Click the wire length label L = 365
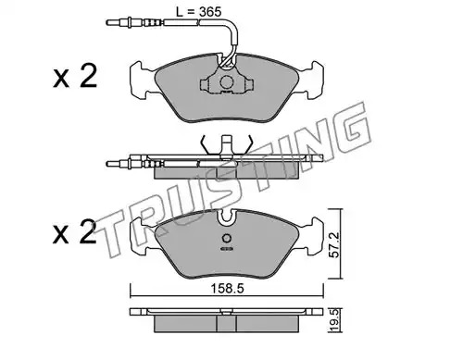click(198, 12)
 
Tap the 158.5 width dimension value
click(227, 289)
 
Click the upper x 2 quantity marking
click(75, 76)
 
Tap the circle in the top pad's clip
click(226, 82)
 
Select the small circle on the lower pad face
click(227, 239)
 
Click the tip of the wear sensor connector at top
click(107, 22)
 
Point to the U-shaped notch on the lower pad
click(227, 216)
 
